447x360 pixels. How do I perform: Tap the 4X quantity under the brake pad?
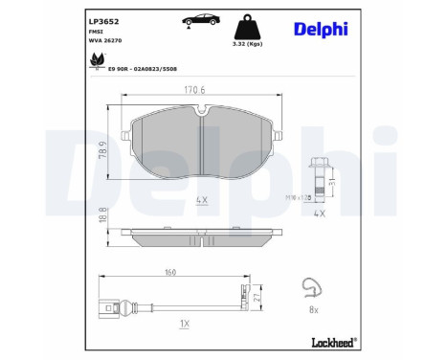click(202, 201)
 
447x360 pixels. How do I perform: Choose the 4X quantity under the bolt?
click(319, 213)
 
